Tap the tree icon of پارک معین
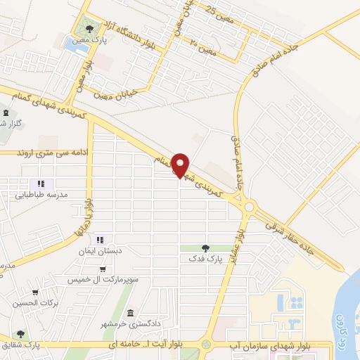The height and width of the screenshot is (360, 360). pos(89,29)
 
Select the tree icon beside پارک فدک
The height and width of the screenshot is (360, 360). pos(205,248)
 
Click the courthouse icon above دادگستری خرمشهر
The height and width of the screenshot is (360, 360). pos(130,314)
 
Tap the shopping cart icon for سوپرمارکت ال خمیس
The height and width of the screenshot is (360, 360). pos(104,269)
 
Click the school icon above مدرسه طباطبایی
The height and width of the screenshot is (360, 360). pos(41,184)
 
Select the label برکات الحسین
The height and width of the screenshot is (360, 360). pos(32,304)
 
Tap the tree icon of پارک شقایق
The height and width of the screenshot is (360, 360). pos(22,334)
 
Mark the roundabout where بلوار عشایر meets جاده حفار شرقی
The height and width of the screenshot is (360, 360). pos(250,207)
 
